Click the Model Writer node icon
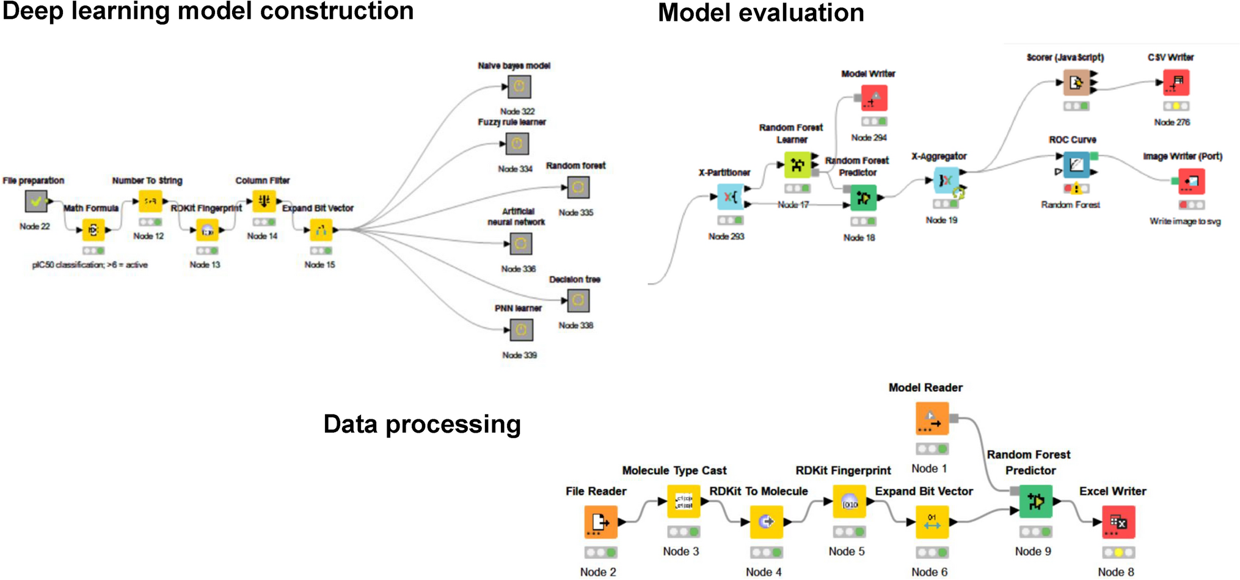tap(874, 98)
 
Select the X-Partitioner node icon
tap(730, 197)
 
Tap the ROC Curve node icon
tap(1076, 164)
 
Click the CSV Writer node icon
tap(1176, 83)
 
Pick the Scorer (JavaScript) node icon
tap(1076, 83)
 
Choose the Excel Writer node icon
tap(1118, 522)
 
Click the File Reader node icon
tap(600, 522)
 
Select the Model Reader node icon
tap(932, 419)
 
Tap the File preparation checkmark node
tap(36, 201)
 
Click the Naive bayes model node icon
tap(519, 87)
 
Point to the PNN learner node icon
tap(521, 330)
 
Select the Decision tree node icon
tap(578, 301)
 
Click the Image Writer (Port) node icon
tap(1191, 181)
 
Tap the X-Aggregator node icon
tap(946, 180)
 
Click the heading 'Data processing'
tap(422, 425)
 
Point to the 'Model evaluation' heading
tap(761, 13)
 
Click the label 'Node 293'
tap(726, 237)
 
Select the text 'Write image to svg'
tap(1185, 221)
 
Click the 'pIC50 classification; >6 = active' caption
tap(90, 265)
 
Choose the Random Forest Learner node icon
tap(797, 165)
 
